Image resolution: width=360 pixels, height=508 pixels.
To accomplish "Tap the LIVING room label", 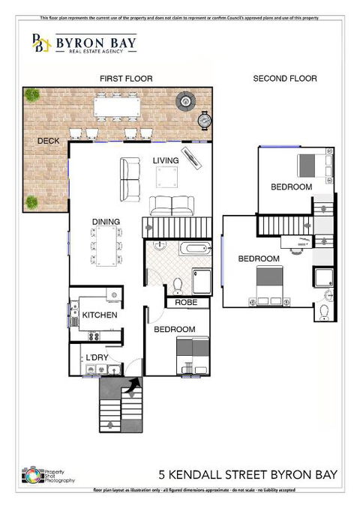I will point(166,160).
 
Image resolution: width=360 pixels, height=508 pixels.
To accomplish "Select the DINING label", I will point(106,222).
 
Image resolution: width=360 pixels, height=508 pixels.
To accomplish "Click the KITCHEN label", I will point(100,315).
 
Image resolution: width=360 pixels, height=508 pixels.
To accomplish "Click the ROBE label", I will point(185,303).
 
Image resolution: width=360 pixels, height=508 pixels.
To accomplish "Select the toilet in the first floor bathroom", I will point(177,285).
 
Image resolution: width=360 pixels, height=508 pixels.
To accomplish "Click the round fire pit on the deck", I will point(184,100).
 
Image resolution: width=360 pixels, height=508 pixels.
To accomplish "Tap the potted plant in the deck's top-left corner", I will point(31,95).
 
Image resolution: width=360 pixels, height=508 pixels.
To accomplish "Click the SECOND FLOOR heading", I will point(285,79).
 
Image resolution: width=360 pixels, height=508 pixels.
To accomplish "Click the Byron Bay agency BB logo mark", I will point(40,44).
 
